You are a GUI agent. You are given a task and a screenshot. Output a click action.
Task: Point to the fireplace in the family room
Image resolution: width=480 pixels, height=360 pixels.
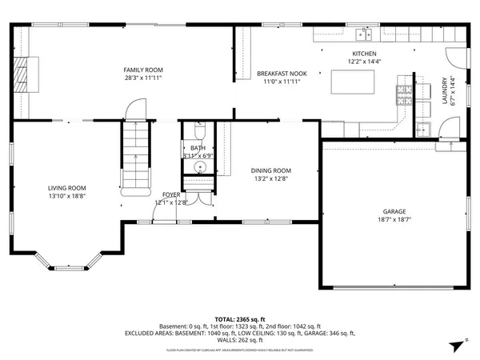[x=24, y=74]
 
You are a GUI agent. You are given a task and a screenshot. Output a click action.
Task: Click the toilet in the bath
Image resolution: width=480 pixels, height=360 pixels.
[x=199, y=131]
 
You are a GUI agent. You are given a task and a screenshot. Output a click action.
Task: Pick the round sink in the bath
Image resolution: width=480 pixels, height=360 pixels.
[x=197, y=167]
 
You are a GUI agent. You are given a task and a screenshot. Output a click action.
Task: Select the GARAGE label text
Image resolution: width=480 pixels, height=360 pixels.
[x=393, y=211]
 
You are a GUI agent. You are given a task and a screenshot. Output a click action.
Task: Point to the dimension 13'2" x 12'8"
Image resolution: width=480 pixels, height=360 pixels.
[x=270, y=179]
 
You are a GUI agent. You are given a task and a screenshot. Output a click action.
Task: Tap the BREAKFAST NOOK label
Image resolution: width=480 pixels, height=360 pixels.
[x=278, y=74]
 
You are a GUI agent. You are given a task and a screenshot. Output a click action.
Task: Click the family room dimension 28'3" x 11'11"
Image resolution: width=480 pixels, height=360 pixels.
[x=143, y=78]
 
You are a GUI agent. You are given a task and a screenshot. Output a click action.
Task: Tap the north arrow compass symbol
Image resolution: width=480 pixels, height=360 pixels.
[x=457, y=345]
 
